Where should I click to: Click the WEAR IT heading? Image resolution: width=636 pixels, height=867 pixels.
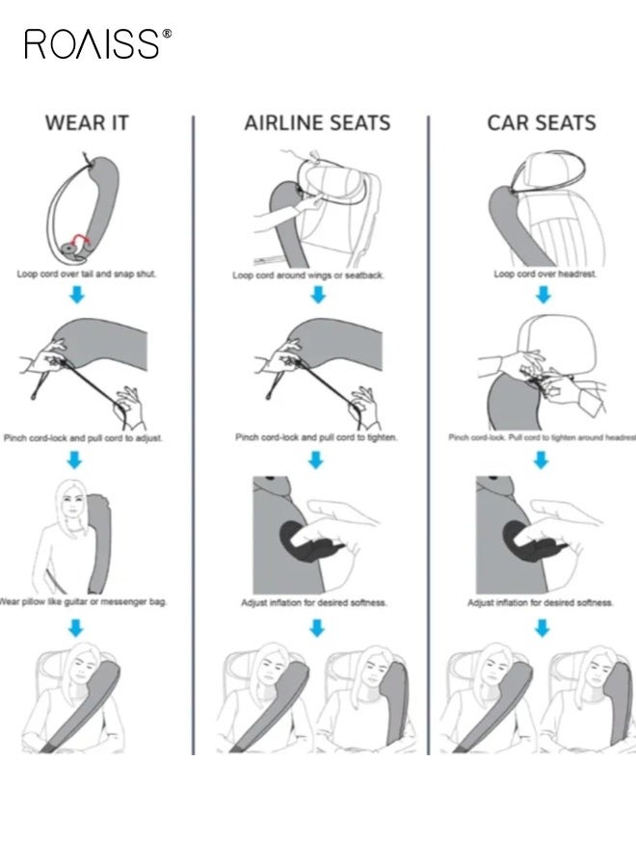(87, 123)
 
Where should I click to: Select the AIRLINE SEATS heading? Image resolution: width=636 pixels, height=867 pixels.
(317, 123)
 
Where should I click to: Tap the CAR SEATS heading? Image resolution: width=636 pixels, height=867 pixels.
(541, 123)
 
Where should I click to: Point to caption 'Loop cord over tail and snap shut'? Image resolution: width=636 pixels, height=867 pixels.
(87, 274)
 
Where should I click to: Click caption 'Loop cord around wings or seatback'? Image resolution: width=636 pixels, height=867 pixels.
(308, 275)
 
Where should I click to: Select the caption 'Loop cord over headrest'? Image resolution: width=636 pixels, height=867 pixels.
(545, 275)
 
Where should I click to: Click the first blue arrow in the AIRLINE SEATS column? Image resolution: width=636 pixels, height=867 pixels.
(317, 296)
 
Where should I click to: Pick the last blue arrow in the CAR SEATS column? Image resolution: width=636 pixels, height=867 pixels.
(543, 628)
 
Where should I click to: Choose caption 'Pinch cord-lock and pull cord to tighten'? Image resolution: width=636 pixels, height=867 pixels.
(316, 437)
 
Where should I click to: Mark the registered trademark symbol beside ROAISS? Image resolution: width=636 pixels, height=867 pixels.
(167, 34)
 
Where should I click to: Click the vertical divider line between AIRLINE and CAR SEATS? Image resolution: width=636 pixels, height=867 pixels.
(428, 433)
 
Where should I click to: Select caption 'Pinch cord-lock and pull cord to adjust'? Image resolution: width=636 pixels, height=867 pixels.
(83, 437)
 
